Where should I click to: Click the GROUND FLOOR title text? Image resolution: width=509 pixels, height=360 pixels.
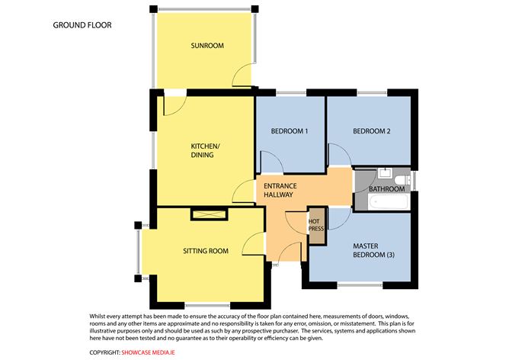click(82, 25)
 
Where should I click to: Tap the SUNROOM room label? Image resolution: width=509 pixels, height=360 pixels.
click(207, 46)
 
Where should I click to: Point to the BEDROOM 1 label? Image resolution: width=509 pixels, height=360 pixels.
click(290, 131)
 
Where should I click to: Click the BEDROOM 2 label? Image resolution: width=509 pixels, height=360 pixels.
click(372, 131)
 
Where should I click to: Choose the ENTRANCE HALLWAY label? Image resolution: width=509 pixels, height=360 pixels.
click(280, 191)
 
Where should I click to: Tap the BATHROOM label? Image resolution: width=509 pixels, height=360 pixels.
click(386, 189)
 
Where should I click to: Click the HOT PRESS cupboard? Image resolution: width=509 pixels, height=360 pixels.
click(316, 225)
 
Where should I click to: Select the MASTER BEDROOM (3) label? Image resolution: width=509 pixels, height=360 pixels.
click(373, 250)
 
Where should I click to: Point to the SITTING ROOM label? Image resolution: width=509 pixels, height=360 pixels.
click(206, 251)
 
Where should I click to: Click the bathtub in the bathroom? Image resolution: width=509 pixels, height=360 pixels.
click(389, 202)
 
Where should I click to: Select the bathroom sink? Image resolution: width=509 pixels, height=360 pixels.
click(386, 172)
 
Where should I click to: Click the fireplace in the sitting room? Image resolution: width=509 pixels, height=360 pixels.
click(210, 214)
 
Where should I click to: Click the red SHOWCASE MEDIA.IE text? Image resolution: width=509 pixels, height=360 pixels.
click(148, 352)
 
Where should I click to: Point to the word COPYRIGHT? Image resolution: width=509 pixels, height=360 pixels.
click(104, 352)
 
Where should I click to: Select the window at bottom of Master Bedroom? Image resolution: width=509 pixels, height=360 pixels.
click(360, 285)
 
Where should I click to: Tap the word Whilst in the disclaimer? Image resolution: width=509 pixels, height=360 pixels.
click(98, 316)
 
